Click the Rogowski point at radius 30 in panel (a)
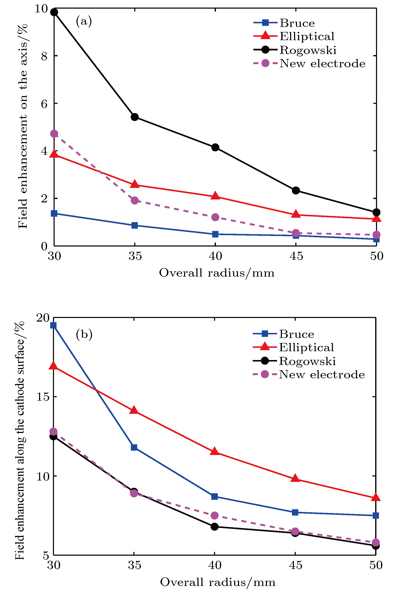coord(54,12)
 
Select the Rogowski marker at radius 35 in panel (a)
coord(134,117)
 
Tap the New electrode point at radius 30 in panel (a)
coord(54,133)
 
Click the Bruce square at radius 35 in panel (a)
coord(134,225)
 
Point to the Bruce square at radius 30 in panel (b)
coord(53,325)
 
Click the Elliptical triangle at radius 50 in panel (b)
coord(376,497)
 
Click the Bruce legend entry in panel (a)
coord(297,23)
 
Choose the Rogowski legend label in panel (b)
coord(307,361)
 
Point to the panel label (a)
coord(84,21)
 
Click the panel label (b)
coord(84,334)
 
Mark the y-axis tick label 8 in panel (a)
coord(44,56)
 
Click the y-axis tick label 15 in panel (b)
coord(42,397)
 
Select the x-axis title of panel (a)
coord(217,273)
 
